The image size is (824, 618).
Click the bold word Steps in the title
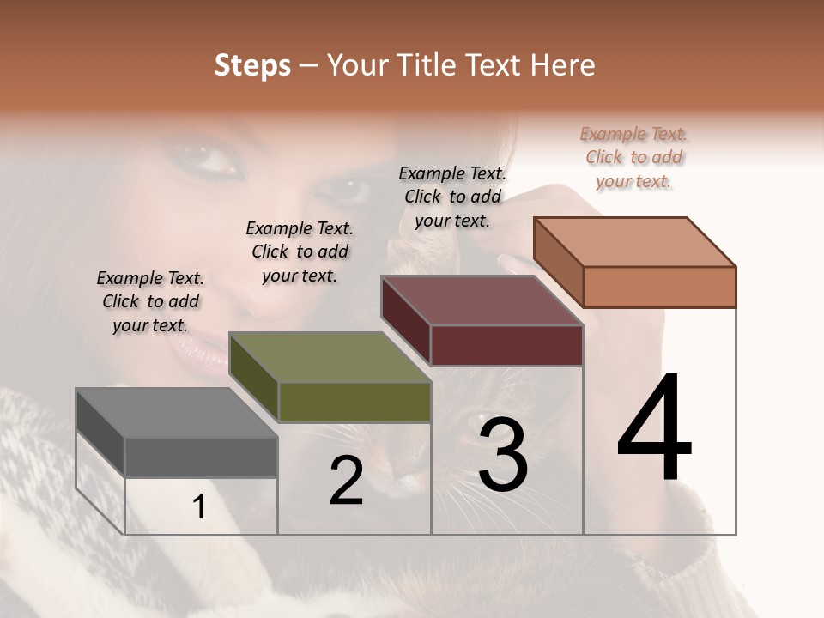coord(252,65)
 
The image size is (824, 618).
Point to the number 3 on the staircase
coord(503,455)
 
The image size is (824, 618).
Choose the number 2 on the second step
coord(346,481)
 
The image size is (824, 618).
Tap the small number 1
coord(199,506)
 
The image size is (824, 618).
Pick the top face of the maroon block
coord(482,300)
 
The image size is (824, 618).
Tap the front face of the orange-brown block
coord(659,287)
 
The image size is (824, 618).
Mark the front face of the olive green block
coord(354,402)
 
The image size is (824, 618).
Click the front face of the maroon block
coord(506,345)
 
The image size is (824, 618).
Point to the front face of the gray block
coord(201,457)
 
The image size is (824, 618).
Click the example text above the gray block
coord(150,301)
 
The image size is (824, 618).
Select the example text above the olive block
coord(300,251)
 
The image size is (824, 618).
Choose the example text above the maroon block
coord(452,197)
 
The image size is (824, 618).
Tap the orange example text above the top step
coord(633,157)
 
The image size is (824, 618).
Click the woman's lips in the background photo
coord(198,348)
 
